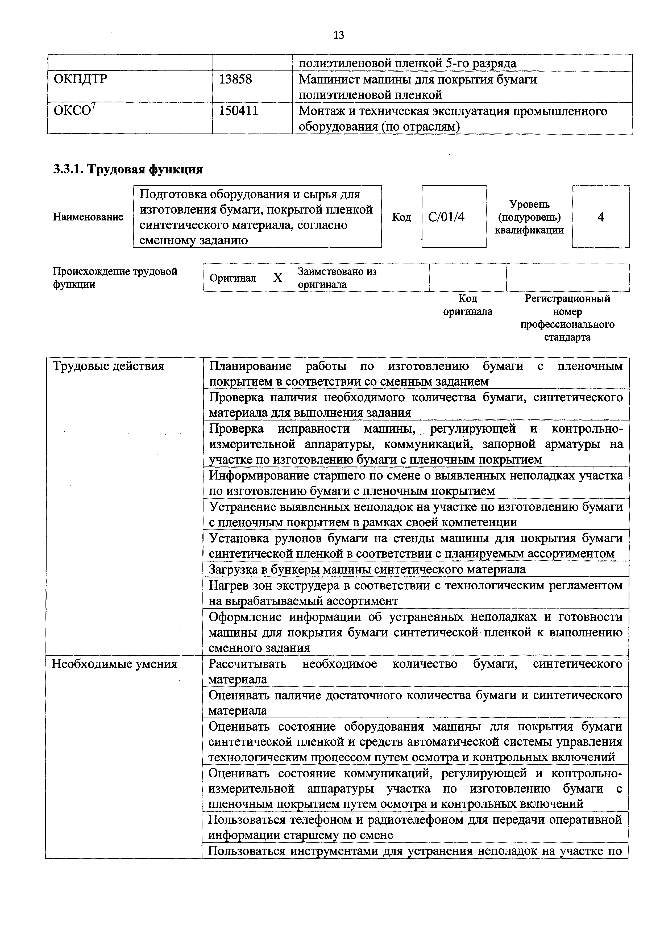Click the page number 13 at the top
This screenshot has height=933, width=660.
[339, 35]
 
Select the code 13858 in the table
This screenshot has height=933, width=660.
[235, 79]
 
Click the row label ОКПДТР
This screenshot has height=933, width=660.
[80, 79]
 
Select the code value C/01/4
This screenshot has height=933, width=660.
[446, 217]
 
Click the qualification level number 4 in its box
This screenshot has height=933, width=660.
[601, 217]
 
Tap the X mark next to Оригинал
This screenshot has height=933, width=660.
[277, 278]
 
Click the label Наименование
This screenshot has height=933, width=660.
[88, 217]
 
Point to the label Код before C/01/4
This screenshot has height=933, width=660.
[401, 217]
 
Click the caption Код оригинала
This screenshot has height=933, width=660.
[467, 305]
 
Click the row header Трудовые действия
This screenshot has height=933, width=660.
[109, 366]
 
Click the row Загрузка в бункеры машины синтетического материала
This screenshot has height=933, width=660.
[367, 569]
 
